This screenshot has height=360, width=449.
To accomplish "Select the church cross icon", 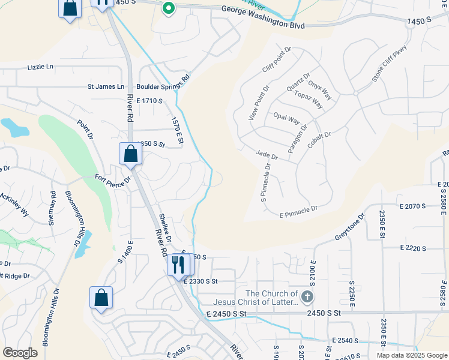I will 307,296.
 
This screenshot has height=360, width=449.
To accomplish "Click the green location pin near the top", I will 169,8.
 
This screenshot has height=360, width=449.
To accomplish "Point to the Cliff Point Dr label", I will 276,60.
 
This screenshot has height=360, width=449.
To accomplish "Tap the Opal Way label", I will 286,118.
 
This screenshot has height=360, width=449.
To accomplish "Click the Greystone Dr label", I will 349,229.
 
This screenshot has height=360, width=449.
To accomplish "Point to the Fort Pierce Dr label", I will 113,178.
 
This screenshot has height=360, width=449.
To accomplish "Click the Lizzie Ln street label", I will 40,67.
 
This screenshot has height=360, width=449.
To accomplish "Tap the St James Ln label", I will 106,86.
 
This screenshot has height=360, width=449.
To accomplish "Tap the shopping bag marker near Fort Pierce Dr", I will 130,154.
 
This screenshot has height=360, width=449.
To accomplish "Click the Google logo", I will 20,353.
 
